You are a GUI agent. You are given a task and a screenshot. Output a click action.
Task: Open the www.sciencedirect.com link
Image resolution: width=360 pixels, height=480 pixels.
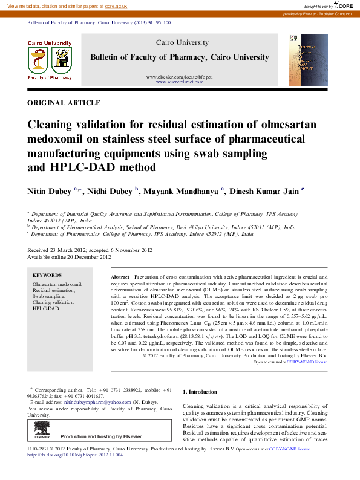[180, 82]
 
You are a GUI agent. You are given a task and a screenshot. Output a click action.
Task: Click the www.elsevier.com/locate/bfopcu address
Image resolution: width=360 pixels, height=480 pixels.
[180, 77]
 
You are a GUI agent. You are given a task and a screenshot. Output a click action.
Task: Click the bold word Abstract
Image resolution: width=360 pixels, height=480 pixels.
[120, 275]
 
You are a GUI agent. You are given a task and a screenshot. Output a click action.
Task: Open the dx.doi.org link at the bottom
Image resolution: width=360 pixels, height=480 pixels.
[75, 455]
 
